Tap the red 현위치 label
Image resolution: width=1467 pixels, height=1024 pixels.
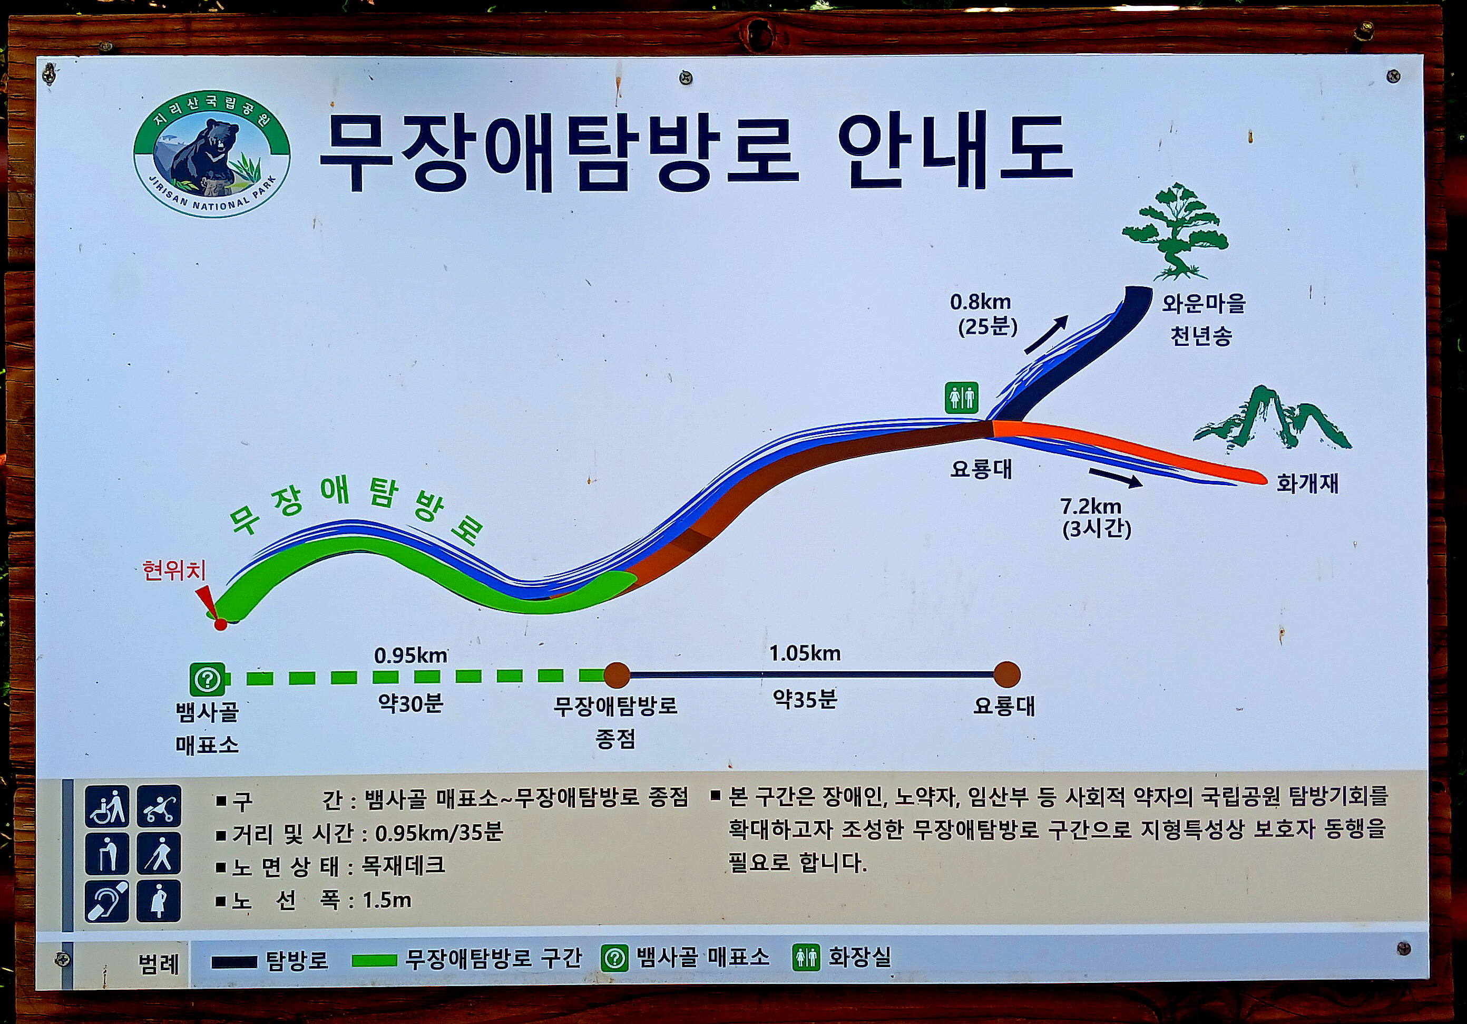(x=174, y=570)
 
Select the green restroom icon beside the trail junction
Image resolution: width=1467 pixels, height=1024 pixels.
(x=962, y=398)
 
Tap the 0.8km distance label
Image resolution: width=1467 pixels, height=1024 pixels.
(x=980, y=302)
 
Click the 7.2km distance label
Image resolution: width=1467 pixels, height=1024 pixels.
(x=1091, y=507)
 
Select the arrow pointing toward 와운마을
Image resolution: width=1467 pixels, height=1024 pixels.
(x=1047, y=334)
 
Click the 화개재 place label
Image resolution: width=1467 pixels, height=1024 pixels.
(x=1307, y=483)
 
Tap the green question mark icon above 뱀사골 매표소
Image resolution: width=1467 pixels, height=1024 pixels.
(x=207, y=679)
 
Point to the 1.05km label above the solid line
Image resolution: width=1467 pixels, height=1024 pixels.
(x=805, y=653)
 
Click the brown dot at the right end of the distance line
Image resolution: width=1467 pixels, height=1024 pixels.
(x=1007, y=674)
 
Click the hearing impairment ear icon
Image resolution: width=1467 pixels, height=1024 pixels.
(x=106, y=901)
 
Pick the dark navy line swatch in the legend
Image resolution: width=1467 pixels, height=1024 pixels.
(x=234, y=962)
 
